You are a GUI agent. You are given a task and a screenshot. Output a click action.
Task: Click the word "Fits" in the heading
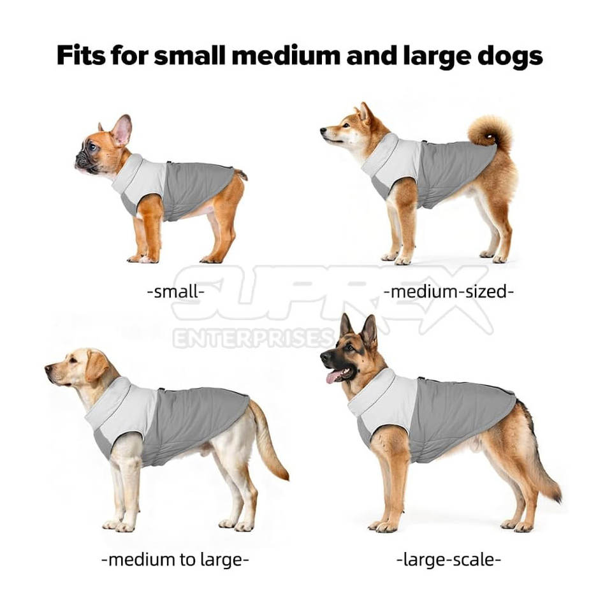click(81, 55)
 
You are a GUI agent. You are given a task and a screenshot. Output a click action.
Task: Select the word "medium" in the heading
click(286, 55)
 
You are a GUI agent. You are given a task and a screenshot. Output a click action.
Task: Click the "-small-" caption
click(176, 291)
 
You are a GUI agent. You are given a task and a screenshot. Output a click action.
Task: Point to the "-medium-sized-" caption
click(448, 291)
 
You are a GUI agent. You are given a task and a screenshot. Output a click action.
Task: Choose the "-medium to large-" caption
click(175, 560)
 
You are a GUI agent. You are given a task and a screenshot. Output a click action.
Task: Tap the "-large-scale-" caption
click(448, 560)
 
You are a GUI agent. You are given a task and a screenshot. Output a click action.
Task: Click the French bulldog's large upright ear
click(122, 130)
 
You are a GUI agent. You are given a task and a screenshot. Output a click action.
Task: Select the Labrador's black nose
click(48, 368)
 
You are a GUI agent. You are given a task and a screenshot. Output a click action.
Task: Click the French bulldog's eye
click(92, 147)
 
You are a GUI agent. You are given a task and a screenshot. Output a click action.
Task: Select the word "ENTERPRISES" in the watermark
click(254, 338)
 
